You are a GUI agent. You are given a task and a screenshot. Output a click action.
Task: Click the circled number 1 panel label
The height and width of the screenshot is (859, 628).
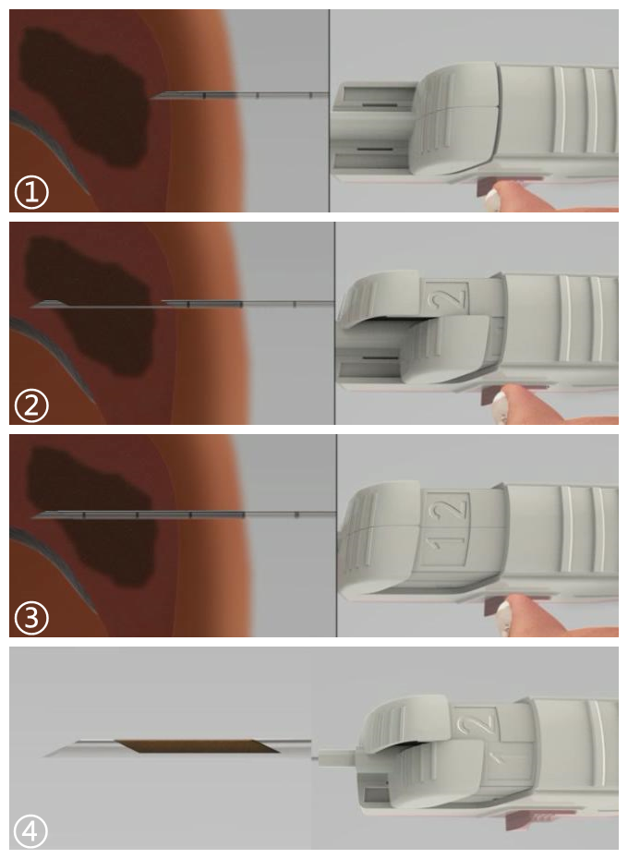[x=31, y=192]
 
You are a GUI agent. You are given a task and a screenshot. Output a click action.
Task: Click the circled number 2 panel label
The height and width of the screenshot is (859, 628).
[x=31, y=405]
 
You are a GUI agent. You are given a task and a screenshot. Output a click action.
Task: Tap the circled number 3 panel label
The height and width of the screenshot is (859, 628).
[x=31, y=618]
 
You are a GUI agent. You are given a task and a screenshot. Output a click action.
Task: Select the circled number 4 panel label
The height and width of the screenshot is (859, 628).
[x=30, y=831]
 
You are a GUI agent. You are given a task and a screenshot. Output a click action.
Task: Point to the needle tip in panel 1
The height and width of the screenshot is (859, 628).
[x=152, y=98]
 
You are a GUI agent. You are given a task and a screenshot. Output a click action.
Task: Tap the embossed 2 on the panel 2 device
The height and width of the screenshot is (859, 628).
[x=451, y=298]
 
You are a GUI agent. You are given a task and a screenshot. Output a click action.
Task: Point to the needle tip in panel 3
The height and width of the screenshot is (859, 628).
[x=34, y=516]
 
